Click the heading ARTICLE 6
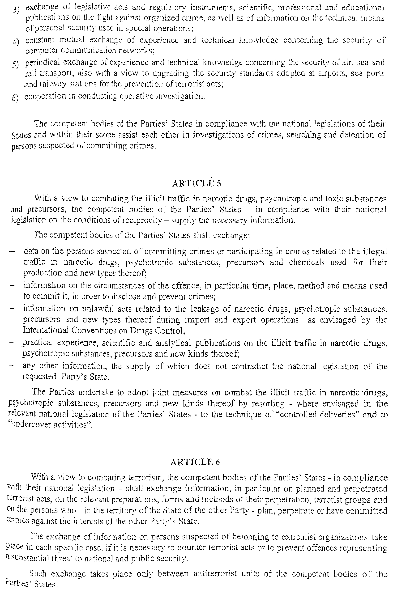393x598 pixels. (x=195, y=462)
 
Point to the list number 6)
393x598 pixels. (x=15, y=98)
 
